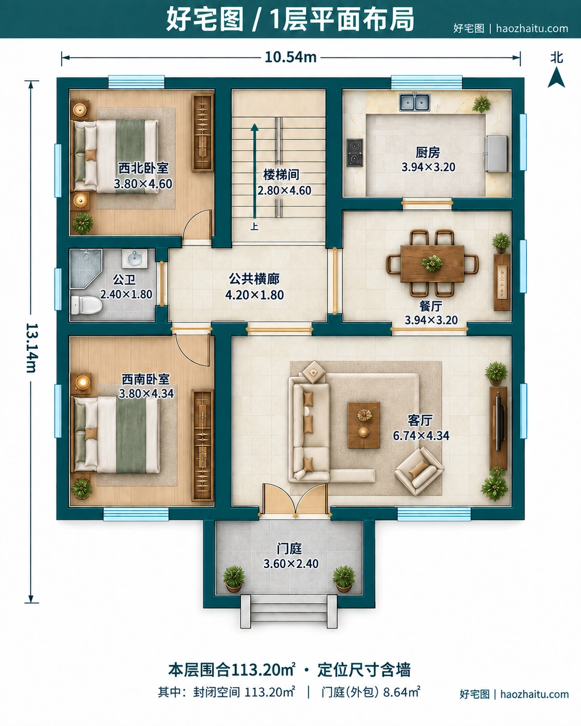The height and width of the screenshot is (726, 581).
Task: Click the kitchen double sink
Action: [x=414, y=102]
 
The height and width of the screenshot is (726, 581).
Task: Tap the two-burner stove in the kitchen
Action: [x=355, y=152]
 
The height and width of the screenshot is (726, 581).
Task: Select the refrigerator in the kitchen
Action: [x=496, y=153]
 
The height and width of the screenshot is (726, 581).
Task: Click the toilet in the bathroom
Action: [x=86, y=304]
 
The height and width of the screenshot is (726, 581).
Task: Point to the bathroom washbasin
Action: [x=135, y=258]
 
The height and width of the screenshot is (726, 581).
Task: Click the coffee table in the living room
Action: [x=364, y=425]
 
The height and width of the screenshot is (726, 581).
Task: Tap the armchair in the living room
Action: [x=419, y=471]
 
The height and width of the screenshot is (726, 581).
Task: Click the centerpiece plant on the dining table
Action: [x=432, y=263]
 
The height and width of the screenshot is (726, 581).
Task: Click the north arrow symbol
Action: [x=556, y=78]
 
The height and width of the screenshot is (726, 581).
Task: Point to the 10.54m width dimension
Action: [x=290, y=57]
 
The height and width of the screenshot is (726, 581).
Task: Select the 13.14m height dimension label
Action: [x=32, y=348]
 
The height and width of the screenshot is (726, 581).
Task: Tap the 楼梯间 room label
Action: [x=281, y=175]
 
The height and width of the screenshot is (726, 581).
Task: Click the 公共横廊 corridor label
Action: [x=254, y=279]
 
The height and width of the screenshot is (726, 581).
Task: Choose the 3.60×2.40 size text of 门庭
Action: [x=291, y=564]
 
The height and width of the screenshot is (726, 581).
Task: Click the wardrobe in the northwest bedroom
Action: [x=203, y=132]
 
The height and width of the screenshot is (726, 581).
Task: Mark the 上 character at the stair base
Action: [x=254, y=226]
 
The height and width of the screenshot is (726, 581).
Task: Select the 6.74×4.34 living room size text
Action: [x=421, y=435]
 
